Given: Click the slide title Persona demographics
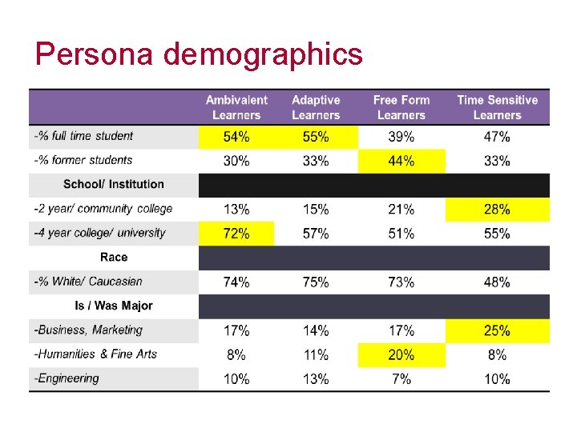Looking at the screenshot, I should [199, 54].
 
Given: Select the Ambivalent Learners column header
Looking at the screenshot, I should [236, 107].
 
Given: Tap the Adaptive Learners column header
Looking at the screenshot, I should [316, 107].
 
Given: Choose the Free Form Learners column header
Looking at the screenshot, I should [401, 107].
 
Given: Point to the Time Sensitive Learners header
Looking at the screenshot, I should [497, 107].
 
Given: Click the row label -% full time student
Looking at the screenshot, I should [84, 136].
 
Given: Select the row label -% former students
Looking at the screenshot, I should [83, 160].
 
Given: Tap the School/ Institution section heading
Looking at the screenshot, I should [113, 184].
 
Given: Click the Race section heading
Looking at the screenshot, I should [113, 257].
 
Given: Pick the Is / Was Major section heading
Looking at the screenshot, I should [113, 306].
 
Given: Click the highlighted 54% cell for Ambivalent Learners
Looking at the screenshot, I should [236, 137].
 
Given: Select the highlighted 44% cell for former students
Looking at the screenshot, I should [401, 161].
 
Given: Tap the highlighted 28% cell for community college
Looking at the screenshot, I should [497, 210].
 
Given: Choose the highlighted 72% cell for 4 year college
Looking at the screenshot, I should [236, 234].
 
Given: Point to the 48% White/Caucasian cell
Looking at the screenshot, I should [497, 282].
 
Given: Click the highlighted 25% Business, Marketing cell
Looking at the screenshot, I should [497, 330].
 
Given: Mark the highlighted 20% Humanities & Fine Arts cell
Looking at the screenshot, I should [401, 354].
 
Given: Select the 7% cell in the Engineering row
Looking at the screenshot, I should [401, 378].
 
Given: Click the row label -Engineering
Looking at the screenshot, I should [67, 378].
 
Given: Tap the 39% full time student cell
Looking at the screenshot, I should [401, 137].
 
